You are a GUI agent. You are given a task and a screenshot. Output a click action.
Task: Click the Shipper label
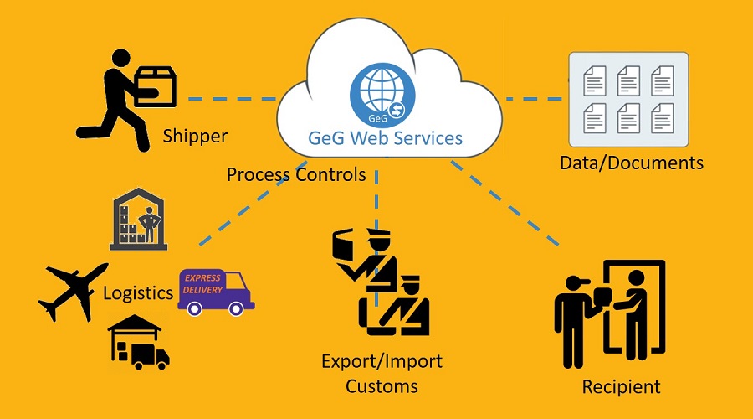(195, 136)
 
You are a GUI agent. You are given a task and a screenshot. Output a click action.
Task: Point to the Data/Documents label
(632, 162)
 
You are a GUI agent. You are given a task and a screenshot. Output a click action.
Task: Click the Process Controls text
(296, 174)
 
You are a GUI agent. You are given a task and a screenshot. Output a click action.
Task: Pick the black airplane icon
(73, 290)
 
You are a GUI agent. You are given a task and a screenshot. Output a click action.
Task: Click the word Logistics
(138, 293)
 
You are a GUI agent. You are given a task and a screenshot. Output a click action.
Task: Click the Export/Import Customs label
(382, 374)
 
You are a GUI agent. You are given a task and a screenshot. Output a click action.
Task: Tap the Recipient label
(622, 386)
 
